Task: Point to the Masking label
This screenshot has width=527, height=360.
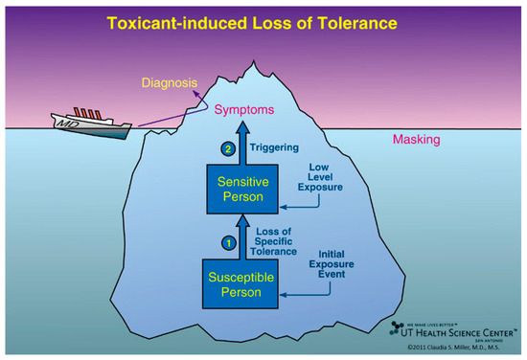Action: click(x=417, y=140)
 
